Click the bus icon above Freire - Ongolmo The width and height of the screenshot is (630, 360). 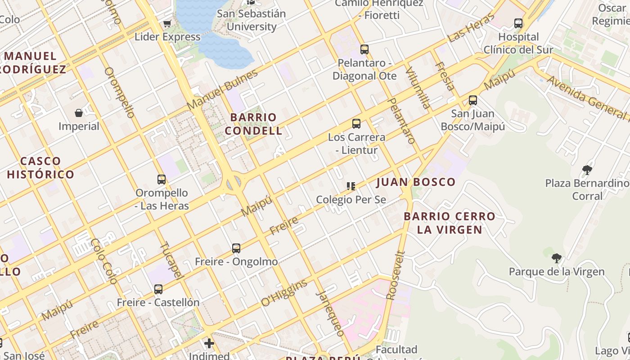pyautogui.click(x=236, y=248)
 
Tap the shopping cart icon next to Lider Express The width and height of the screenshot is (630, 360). pyautogui.click(x=167, y=23)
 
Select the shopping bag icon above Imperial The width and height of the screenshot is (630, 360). pyautogui.click(x=79, y=112)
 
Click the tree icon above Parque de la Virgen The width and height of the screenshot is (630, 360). pyautogui.click(x=557, y=258)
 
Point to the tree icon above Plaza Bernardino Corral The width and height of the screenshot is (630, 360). pyautogui.click(x=587, y=170)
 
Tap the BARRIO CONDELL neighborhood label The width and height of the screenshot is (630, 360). pyautogui.click(x=253, y=124)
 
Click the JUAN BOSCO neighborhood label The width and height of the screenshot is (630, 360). pyautogui.click(x=416, y=182)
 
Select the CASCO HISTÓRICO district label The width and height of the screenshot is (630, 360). pyautogui.click(x=40, y=167)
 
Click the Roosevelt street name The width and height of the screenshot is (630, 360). pyautogui.click(x=396, y=275)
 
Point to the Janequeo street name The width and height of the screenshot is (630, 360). pyautogui.click(x=330, y=313)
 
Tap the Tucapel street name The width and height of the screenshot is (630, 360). pyautogui.click(x=172, y=260)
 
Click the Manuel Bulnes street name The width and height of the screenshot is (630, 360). pyautogui.click(x=222, y=90)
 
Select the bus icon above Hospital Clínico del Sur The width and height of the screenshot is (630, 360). pyautogui.click(x=518, y=23)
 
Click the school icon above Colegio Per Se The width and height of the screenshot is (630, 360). pyautogui.click(x=351, y=186)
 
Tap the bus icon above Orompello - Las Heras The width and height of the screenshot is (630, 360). pyautogui.click(x=162, y=180)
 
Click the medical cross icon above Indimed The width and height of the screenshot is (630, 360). pyautogui.click(x=209, y=343)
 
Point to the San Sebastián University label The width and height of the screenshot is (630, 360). pyautogui.click(x=252, y=20)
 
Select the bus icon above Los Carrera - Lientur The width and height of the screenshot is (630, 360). pyautogui.click(x=356, y=124)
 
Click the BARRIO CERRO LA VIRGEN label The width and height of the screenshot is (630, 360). pyautogui.click(x=449, y=223)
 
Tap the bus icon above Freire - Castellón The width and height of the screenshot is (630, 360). pyautogui.click(x=158, y=289)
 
